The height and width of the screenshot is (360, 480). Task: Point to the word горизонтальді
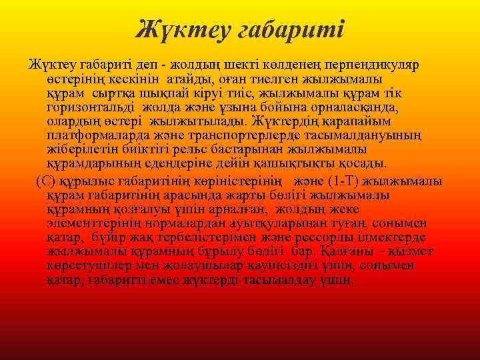click(x=91, y=108)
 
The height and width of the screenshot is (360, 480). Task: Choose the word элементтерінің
click(x=92, y=223)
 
